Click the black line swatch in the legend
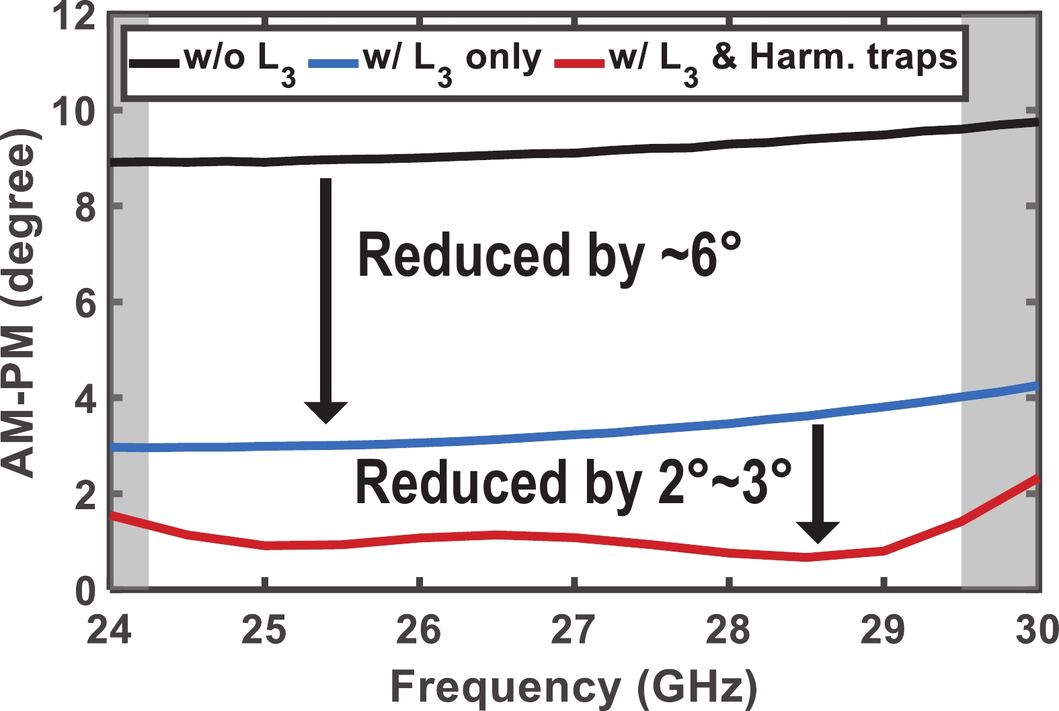click(154, 63)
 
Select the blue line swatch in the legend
click(334, 63)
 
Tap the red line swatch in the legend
click(580, 63)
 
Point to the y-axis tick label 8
click(85, 208)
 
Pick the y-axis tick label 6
click(85, 304)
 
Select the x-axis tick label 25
click(264, 631)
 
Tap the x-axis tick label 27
click(574, 631)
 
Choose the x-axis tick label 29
click(883, 631)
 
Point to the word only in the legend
click(504, 58)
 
